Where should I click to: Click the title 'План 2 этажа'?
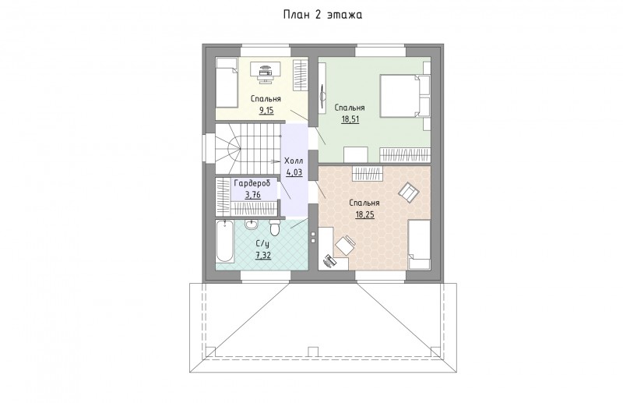322,15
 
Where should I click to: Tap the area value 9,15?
266,110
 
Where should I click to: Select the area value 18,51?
350,119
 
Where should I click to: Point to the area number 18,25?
364,215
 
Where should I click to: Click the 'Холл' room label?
294,161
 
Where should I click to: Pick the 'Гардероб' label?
252,183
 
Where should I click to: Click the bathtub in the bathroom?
224,242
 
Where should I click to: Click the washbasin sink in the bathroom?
251,225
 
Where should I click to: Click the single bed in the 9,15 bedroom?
227,83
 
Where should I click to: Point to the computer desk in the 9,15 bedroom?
266,72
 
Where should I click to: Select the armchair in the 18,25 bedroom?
409,192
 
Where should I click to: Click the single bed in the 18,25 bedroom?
419,244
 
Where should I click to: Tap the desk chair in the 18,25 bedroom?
345,245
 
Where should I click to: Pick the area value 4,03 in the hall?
294,172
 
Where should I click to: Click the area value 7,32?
263,256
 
